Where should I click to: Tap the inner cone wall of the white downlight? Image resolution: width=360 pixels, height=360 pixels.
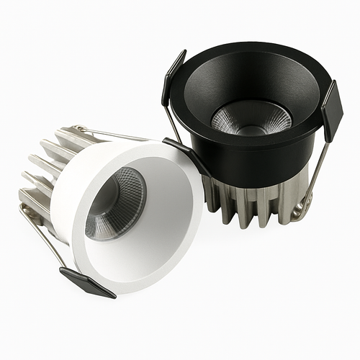point(166,216)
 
